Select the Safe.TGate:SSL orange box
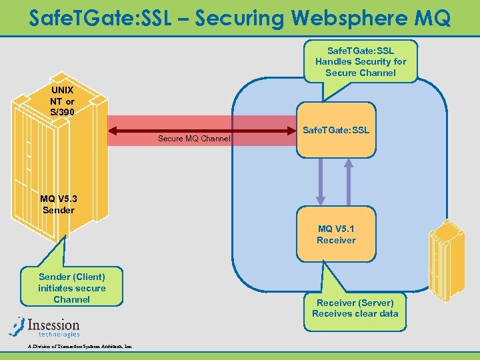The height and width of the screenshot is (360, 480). point(335,130)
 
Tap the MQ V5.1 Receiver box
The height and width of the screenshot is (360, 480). point(336,234)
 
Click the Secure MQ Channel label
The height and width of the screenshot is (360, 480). point(194,139)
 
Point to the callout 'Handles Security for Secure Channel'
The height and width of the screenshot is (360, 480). point(360,61)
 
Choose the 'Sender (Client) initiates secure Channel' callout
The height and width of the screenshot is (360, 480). point(72,287)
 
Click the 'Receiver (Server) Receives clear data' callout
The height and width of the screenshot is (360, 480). point(355,308)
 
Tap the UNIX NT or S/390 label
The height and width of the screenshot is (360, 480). point(62,101)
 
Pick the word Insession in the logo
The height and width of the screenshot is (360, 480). point(54,323)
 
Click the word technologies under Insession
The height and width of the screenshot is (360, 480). point(59,334)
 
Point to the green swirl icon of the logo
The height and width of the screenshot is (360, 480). point(17,326)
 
